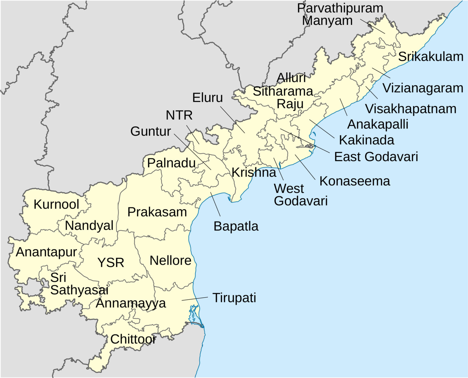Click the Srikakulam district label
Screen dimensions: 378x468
coord(431,57)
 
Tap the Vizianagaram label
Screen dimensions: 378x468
coord(423,88)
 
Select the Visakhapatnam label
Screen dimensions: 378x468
coord(411,109)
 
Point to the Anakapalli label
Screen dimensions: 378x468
coord(378,124)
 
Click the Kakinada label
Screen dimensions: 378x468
coord(367,140)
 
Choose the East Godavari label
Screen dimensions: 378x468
coord(376,157)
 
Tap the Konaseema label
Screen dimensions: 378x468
coord(355,181)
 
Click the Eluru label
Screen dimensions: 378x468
coord(207,98)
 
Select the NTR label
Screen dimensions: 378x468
coord(179,115)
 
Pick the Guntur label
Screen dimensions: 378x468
coord(151,132)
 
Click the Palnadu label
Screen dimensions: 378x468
coord(171,163)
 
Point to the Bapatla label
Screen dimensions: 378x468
coord(236,226)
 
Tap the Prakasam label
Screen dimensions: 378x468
coord(157,212)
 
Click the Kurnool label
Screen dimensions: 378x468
coord(56,204)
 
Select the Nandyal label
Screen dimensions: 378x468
coord(89,226)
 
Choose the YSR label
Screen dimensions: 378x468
coord(111,263)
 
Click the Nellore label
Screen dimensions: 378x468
coord(170,261)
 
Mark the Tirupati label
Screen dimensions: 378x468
coord(234,298)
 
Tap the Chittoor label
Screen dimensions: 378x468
coord(133,339)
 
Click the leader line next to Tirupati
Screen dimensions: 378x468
coord(195,299)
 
